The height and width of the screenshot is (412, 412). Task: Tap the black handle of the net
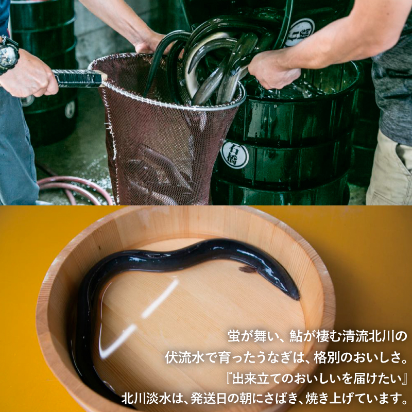(78, 78)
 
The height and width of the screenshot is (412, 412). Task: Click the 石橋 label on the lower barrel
(234, 154)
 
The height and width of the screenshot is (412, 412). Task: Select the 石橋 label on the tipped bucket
(300, 32)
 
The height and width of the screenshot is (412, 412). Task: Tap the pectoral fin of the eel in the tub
(248, 269)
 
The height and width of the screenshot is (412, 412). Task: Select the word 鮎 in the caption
(296, 336)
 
